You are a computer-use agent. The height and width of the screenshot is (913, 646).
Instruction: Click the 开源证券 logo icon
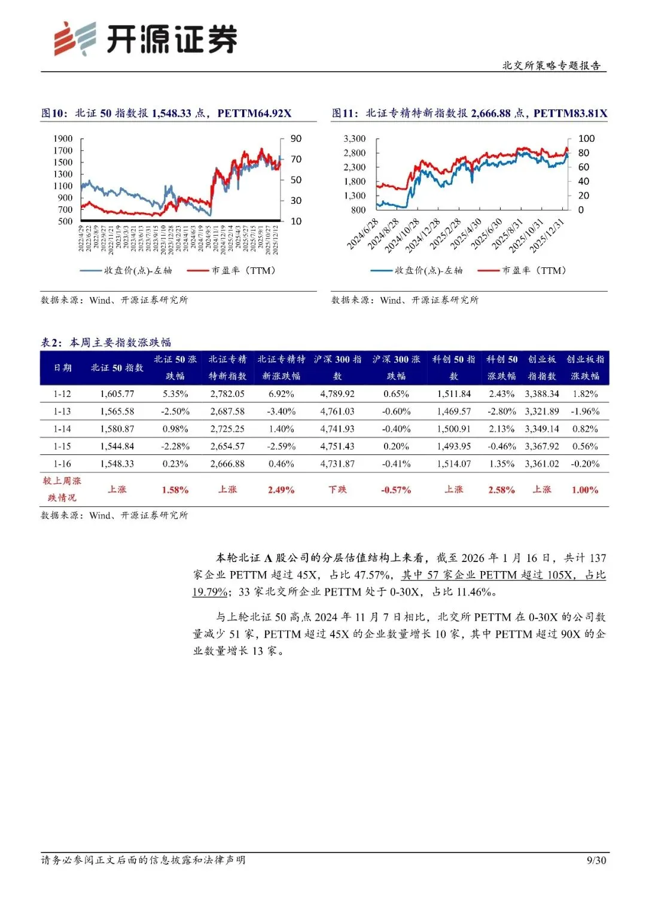click(75, 39)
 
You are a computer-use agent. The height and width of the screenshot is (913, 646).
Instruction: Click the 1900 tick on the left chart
click(63, 139)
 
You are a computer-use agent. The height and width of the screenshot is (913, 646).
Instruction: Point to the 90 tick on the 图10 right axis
click(296, 139)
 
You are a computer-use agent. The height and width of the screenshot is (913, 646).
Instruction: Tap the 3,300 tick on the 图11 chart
click(354, 139)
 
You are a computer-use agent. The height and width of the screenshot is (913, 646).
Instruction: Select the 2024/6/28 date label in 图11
click(363, 234)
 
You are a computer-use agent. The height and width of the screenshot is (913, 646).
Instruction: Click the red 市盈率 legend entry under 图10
click(232, 271)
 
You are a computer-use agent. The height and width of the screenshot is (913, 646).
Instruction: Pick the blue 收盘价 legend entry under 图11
click(417, 271)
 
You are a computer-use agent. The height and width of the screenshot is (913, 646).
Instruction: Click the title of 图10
click(166, 114)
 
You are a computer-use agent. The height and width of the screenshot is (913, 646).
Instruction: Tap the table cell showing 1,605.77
click(117, 394)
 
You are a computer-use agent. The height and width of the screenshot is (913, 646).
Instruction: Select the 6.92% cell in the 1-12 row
click(281, 394)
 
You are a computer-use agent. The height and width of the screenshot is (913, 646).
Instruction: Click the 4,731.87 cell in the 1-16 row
click(337, 464)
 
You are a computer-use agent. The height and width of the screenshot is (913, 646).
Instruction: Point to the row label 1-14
click(62, 429)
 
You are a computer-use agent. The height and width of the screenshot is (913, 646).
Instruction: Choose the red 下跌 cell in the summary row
click(337, 490)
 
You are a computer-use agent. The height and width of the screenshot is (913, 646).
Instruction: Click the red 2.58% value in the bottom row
click(501, 490)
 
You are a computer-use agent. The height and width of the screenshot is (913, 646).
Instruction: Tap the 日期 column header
click(62, 368)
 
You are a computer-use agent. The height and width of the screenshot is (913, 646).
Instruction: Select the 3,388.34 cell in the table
click(542, 394)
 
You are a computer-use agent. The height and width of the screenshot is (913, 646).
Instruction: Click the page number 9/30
click(596, 860)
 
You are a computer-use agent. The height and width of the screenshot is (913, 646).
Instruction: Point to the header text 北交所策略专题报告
click(551, 66)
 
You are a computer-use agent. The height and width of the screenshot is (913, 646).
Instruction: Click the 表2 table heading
click(106, 343)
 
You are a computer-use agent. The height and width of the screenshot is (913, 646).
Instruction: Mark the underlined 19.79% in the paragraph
click(209, 592)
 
